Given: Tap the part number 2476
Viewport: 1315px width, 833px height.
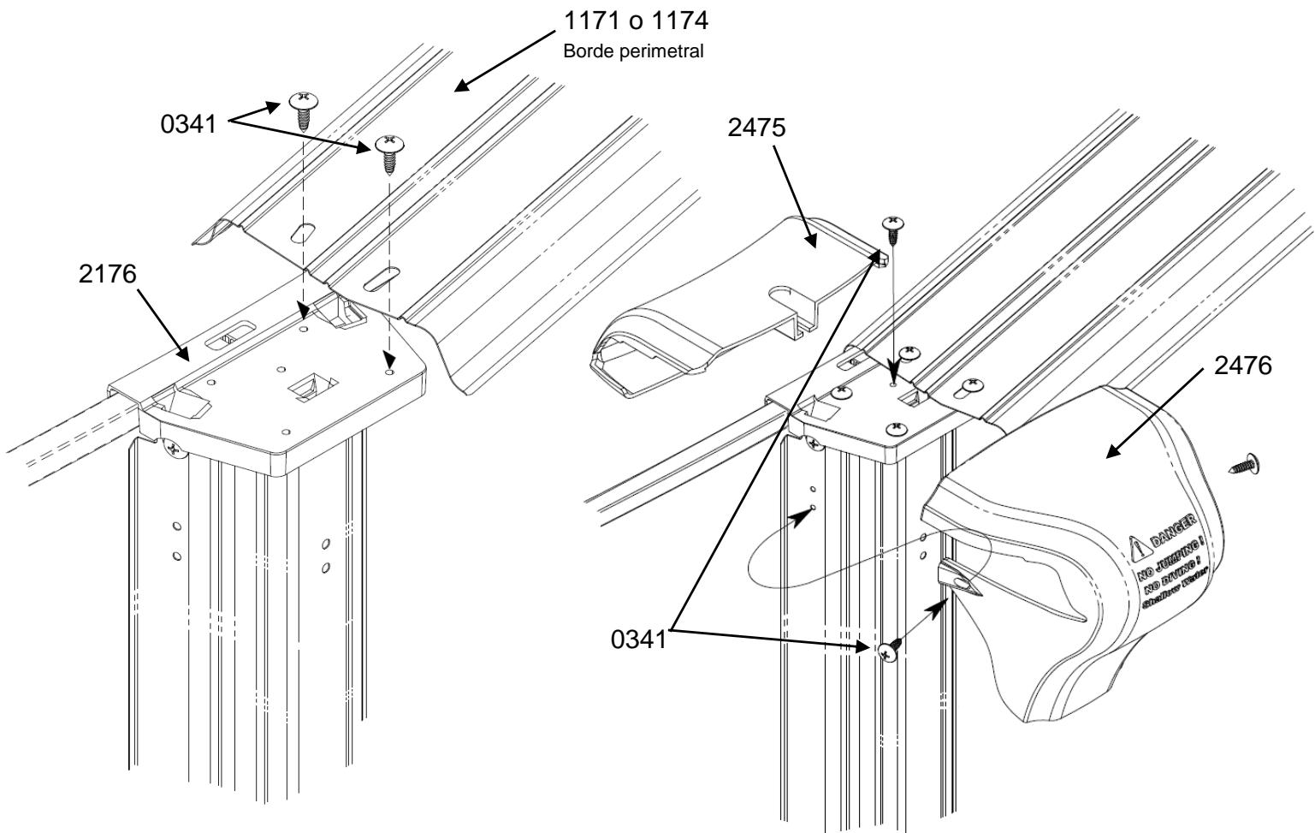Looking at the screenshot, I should pyautogui.click(x=1242, y=367).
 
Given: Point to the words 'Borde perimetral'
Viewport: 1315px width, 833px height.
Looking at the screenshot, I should pyautogui.click(x=633, y=51).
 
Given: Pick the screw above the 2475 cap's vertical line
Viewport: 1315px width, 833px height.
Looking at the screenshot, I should pyautogui.click(x=893, y=227).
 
